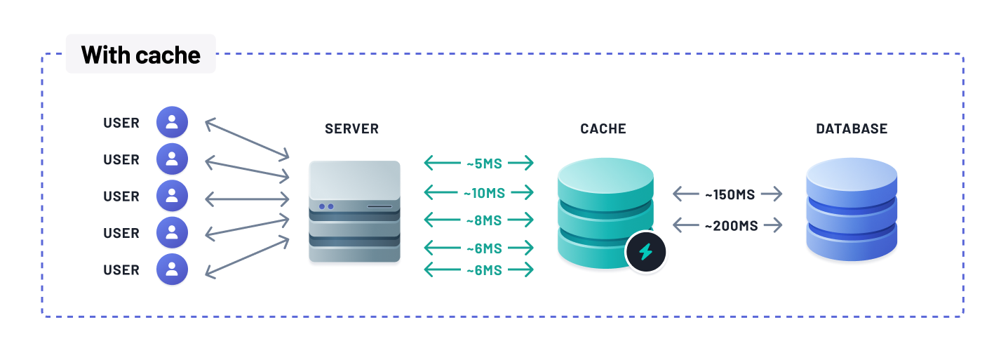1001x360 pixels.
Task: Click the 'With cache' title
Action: [141, 55]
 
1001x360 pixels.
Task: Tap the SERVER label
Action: [351, 129]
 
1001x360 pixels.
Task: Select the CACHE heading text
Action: [603, 129]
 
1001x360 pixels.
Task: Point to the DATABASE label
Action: [852, 129]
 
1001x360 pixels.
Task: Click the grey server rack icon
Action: [354, 211]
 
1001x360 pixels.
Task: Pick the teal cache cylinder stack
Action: [605, 211]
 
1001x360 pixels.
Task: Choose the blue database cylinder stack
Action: [852, 209]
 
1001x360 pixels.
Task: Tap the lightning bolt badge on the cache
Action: [645, 251]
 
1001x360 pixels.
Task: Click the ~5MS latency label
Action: [484, 164]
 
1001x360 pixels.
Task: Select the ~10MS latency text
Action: [484, 192]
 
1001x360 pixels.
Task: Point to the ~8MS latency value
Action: [484, 220]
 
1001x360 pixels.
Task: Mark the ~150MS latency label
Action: [730, 194]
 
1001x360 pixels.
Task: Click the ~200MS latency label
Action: [730, 226]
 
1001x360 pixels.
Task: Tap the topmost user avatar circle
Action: [172, 122]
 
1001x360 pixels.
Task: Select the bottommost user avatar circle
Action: [172, 269]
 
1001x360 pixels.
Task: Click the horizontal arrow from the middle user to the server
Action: [247, 199]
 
